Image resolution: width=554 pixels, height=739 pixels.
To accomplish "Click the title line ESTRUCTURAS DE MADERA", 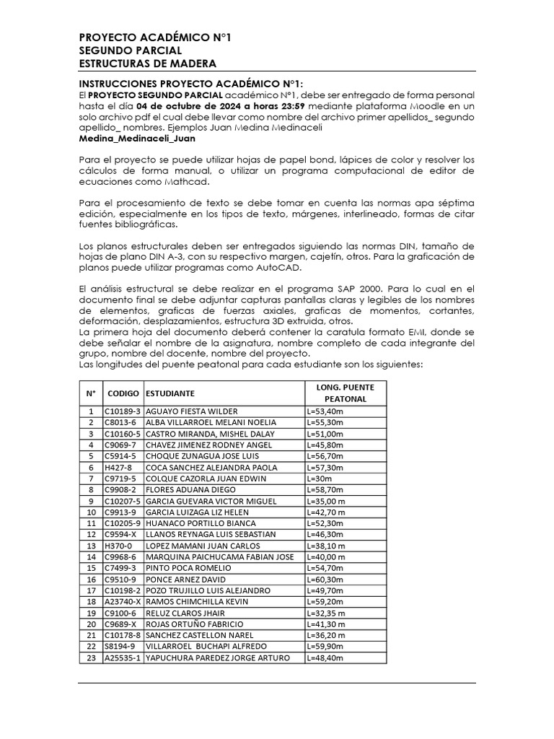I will click(x=138, y=64).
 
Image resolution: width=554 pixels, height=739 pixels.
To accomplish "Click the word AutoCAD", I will click(x=281, y=267).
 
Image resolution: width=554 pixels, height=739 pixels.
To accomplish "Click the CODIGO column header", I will click(x=123, y=394).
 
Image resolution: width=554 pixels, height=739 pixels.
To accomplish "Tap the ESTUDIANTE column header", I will click(x=170, y=394).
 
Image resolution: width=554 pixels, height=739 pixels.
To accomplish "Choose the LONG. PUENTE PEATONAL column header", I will click(x=346, y=393).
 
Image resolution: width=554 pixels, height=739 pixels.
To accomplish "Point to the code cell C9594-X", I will click(x=121, y=535).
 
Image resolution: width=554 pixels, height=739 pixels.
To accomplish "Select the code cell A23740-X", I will click(x=123, y=602).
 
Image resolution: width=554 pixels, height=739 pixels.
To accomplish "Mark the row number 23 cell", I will click(x=91, y=657).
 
